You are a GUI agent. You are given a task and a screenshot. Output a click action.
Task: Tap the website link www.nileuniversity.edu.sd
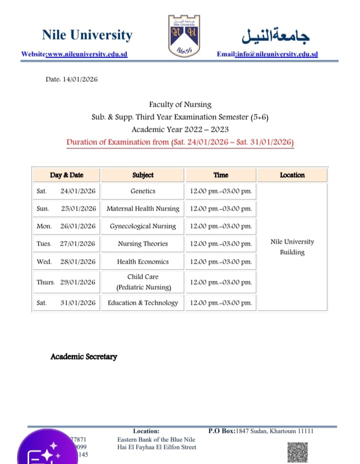[x=87, y=54]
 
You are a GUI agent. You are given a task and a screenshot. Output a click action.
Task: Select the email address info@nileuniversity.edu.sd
[x=276, y=54]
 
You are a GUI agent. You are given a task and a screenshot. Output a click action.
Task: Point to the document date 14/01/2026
[x=80, y=79]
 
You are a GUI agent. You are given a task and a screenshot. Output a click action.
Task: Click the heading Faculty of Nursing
[x=180, y=104]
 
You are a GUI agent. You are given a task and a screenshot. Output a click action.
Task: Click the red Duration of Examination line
[x=180, y=142]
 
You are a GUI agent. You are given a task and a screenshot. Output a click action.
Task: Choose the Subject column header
[x=143, y=175]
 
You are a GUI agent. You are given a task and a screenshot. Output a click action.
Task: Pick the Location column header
[x=292, y=175]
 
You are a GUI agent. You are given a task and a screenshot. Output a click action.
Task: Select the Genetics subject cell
[x=143, y=191]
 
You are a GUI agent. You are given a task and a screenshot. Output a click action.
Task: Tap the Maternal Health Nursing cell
[x=143, y=208]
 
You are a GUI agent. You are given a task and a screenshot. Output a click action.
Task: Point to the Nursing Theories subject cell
[x=143, y=244]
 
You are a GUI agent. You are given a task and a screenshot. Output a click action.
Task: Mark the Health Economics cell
[x=143, y=262]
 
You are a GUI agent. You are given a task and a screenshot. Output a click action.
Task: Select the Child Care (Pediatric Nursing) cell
[x=143, y=282]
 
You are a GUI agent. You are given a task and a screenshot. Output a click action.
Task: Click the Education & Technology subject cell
[x=143, y=303]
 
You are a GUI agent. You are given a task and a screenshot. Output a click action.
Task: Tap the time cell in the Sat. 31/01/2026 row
[x=221, y=303]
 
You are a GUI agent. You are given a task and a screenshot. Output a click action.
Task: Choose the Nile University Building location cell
[x=292, y=247]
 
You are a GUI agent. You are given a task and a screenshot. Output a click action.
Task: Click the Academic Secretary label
[x=84, y=357]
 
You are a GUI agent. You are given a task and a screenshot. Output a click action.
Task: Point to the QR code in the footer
[x=297, y=452]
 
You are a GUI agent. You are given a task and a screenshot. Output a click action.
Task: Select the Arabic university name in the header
[x=275, y=35]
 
